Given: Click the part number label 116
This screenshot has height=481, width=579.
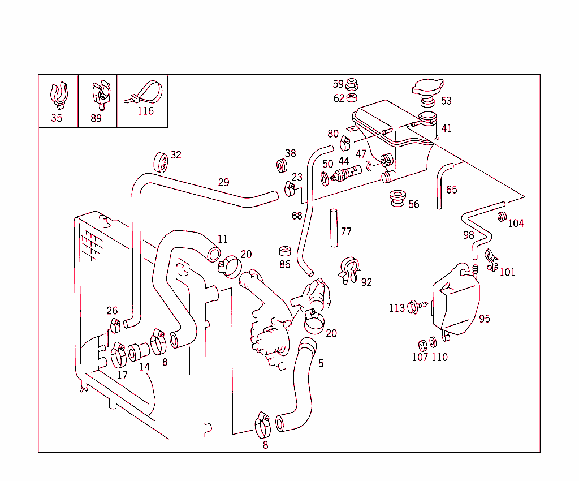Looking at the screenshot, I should [145, 111].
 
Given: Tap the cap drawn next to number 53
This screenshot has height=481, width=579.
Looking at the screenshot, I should [427, 90].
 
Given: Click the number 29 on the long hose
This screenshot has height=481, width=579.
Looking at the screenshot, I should [224, 182].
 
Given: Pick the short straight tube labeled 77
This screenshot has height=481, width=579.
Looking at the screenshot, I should [334, 228].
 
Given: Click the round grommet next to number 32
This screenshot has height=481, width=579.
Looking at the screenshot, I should [161, 161].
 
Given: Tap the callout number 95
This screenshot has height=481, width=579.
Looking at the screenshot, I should [485, 319].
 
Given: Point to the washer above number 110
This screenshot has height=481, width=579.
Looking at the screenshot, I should [433, 343].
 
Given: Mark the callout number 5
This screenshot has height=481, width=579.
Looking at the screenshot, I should [321, 363].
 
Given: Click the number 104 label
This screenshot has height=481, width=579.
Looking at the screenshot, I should [516, 223].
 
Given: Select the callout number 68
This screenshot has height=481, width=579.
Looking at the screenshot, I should [297, 216].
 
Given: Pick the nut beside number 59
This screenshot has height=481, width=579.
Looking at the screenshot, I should [352, 84].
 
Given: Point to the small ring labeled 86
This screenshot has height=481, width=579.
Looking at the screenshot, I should [285, 251].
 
